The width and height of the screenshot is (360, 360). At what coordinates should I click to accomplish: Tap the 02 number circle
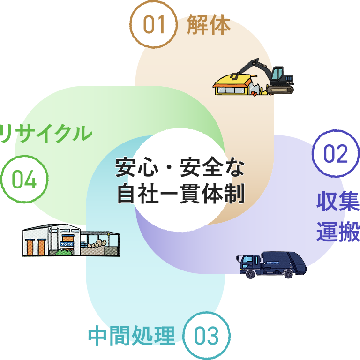click(336, 154)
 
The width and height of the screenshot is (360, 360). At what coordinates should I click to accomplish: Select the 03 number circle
click(206, 336)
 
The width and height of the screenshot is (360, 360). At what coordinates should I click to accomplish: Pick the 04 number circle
click(24, 180)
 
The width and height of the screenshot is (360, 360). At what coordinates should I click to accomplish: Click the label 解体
click(209, 25)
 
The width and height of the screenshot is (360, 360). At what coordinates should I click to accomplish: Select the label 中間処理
click(131, 336)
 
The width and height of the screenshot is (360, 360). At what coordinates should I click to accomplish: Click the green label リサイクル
click(45, 133)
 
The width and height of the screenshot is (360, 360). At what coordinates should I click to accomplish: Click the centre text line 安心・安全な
click(180, 168)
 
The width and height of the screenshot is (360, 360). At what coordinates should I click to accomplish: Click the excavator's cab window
click(277, 74)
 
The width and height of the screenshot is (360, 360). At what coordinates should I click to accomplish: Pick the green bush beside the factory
click(62, 253)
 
